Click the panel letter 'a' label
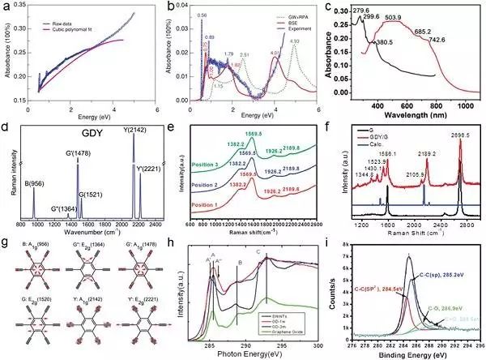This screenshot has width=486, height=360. coord(7,6)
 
